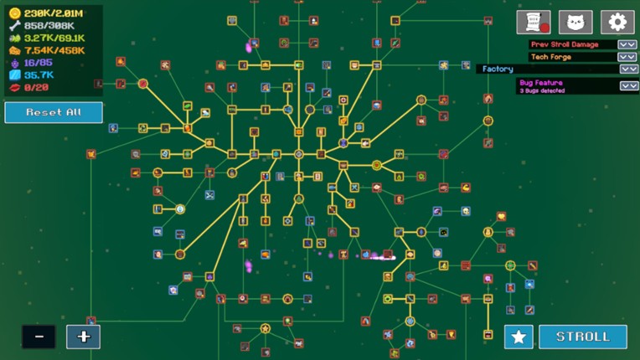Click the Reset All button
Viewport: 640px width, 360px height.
(x=54, y=112)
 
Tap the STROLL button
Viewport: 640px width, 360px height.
(x=583, y=337)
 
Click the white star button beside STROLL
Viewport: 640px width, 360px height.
(x=519, y=337)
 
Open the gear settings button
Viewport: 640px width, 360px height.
(x=617, y=22)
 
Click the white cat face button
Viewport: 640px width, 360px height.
(x=575, y=22)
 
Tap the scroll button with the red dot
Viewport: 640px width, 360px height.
(x=534, y=22)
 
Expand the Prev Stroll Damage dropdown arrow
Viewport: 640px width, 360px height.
(x=627, y=44)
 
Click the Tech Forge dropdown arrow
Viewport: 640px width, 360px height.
(x=627, y=57)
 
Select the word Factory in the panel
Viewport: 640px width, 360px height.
(x=498, y=69)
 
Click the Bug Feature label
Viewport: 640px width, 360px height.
(x=541, y=83)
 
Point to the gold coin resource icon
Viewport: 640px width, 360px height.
(x=14, y=13)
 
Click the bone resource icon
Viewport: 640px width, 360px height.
(x=14, y=26)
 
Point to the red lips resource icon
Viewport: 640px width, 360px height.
(x=14, y=87)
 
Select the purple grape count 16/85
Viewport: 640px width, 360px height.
(x=39, y=63)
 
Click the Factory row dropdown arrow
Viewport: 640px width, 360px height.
(x=628, y=69)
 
